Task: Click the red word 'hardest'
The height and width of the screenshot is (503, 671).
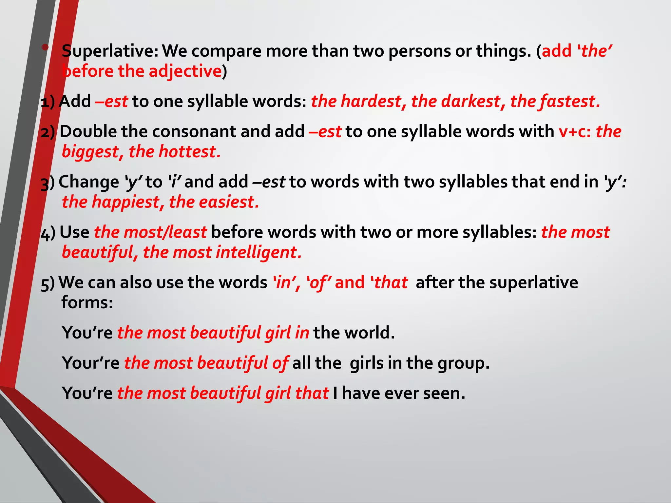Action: (371, 101)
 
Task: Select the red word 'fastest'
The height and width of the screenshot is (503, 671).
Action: (570, 101)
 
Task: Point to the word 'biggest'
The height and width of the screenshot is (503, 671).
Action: (90, 152)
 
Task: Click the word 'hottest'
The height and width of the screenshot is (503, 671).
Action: (189, 152)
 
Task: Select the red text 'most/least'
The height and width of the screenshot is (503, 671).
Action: (165, 232)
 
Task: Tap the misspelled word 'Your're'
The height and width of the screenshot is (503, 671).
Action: (90, 363)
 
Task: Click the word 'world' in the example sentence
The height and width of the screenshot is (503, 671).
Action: (369, 333)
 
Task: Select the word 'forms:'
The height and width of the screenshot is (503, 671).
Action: (87, 302)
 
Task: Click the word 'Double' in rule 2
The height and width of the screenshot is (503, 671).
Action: (88, 132)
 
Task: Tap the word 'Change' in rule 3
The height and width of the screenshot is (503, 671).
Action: (89, 182)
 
